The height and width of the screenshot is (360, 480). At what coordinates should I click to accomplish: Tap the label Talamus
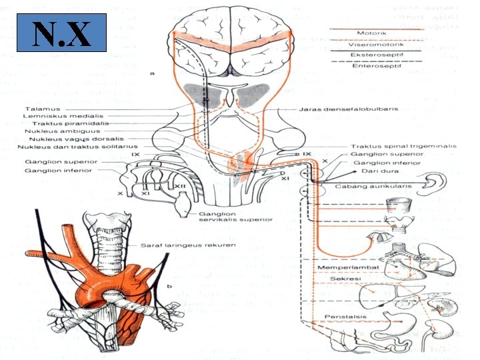[43, 109]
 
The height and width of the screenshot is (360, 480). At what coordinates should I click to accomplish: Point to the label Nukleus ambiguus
[59, 131]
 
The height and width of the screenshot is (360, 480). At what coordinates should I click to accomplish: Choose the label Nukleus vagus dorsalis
[65, 139]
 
